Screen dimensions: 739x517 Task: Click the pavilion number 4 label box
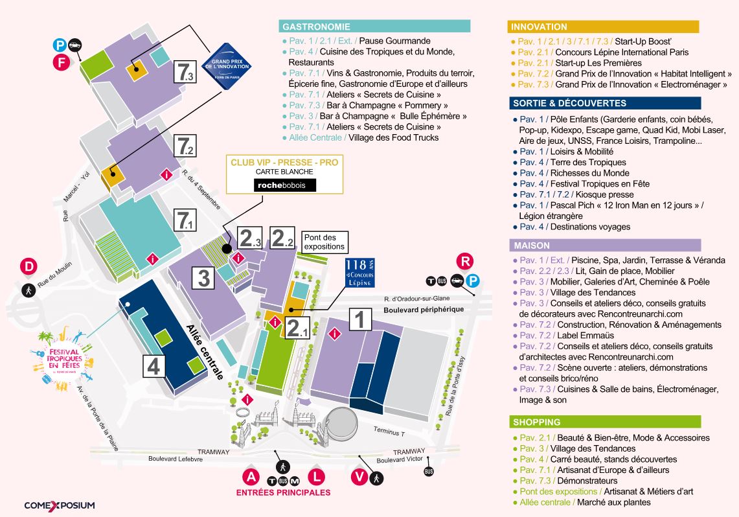(153, 366)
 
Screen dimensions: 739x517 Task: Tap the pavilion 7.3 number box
(185, 72)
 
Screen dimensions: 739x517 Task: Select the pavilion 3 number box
(203, 277)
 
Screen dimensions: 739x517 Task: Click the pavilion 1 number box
(360, 319)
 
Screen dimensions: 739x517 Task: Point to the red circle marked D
(28, 266)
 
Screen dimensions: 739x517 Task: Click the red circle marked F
(62, 63)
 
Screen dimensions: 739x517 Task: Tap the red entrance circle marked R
(465, 261)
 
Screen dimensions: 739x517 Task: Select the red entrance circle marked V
(359, 476)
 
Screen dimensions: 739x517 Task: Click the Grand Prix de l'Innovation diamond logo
(226, 67)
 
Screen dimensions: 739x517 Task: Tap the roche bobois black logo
(285, 185)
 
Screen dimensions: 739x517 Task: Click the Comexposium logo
(60, 505)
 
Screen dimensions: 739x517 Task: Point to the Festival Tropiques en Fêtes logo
(64, 359)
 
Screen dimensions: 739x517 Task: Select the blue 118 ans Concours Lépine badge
(359, 272)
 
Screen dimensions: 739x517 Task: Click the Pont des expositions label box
(324, 242)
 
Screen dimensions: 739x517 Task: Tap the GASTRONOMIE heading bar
(374, 27)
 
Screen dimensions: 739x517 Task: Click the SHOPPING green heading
(604, 422)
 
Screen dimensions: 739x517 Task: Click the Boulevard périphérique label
(424, 310)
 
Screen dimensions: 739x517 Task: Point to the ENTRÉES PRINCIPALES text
(283, 492)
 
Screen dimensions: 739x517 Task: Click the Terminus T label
(389, 431)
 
